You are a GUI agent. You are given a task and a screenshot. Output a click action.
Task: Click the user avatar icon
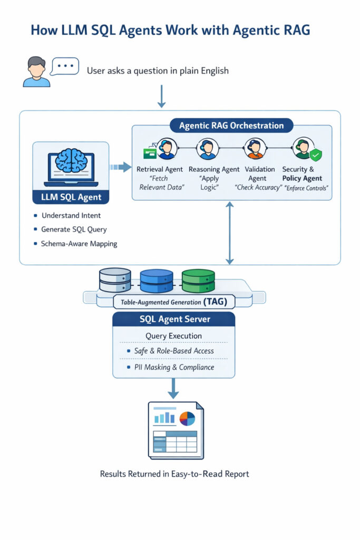36,72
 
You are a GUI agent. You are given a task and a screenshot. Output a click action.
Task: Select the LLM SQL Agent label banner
71,198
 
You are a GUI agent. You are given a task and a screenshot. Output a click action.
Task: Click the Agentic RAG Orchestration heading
231,126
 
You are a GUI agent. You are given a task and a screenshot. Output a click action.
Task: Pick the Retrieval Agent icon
166,149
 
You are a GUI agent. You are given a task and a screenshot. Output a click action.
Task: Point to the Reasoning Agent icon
207,149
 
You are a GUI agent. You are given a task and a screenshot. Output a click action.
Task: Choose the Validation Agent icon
255,149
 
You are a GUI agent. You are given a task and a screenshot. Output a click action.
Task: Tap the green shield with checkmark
315,155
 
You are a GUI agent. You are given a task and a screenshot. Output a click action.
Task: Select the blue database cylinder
157,281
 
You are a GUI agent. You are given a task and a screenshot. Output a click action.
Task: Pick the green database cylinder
198,281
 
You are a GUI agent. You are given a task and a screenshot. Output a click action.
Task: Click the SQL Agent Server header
174,319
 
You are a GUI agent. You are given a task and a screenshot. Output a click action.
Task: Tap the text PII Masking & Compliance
174,367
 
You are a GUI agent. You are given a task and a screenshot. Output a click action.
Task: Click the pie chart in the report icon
187,418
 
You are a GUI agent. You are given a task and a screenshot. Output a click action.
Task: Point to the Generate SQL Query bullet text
74,229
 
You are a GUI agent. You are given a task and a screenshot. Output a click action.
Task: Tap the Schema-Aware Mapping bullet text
79,244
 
